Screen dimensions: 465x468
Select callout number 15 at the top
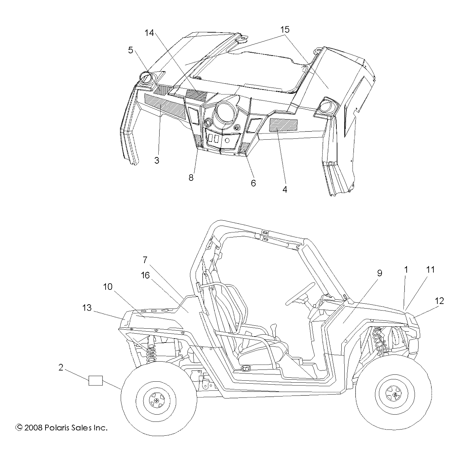pos(285,30)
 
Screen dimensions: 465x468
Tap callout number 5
pos(131,50)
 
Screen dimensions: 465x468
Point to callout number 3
pos(157,161)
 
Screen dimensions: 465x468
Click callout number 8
pos(191,178)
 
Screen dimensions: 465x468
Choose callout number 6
pos(253,183)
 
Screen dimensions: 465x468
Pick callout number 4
pos(285,190)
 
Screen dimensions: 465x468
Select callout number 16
pos(145,275)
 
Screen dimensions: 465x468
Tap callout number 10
pos(108,287)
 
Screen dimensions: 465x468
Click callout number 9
pos(380,273)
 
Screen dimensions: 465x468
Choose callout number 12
pos(439,301)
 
